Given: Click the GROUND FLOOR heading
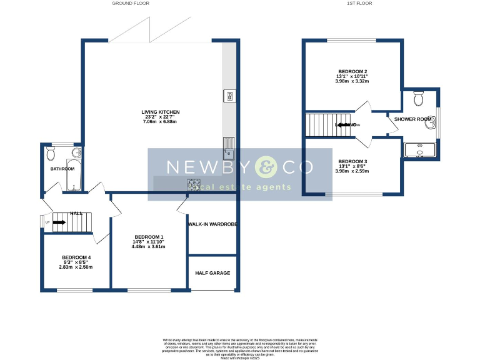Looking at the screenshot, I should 131,3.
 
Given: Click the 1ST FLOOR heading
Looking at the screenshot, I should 359,3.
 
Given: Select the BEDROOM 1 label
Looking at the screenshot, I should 149,237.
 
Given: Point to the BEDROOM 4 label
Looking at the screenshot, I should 76,257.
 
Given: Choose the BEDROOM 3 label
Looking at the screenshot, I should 352,161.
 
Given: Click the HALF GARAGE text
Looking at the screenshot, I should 212,273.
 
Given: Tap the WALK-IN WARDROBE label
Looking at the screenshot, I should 212,223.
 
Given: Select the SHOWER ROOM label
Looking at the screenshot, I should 413,119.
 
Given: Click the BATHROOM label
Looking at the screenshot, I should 62,169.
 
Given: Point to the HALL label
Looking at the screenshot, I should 76,214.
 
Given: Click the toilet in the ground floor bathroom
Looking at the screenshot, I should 51,152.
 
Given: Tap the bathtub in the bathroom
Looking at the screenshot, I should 72,176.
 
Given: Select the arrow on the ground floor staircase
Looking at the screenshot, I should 60,221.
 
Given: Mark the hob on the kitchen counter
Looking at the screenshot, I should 194,184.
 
